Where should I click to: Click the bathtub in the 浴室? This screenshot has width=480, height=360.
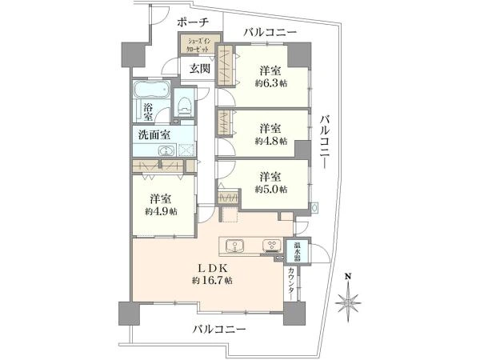[150, 90]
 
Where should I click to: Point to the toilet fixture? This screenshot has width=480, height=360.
[183, 105]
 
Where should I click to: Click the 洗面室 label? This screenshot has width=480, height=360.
[154, 134]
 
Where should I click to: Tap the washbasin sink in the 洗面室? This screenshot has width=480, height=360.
[166, 152]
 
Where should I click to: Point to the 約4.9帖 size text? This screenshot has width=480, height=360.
[161, 211]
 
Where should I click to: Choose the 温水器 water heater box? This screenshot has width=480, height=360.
[298, 251]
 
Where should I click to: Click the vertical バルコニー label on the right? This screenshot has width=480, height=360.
[324, 140]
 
